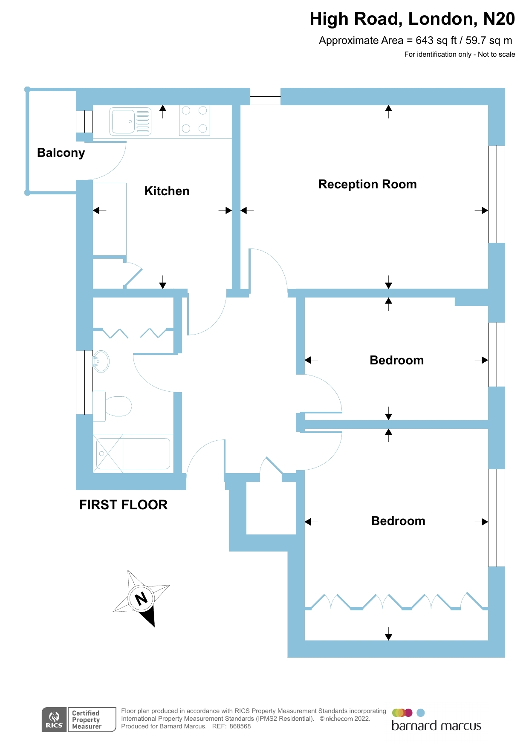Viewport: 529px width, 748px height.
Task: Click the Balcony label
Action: pyautogui.click(x=61, y=153)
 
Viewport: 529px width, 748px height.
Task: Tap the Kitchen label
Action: pyautogui.click(x=167, y=191)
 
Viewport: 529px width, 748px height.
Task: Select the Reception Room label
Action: pyautogui.click(x=367, y=184)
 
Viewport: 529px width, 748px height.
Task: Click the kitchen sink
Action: pyautogui.click(x=130, y=121)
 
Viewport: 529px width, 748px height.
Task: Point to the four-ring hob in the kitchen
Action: pyautogui.click(x=194, y=120)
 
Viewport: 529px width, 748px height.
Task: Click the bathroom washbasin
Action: pyautogui.click(x=101, y=361)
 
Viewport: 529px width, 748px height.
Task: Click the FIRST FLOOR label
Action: pyautogui.click(x=123, y=505)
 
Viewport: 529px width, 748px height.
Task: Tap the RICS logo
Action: pyautogui.click(x=54, y=719)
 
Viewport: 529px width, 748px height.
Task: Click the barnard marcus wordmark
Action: pyautogui.click(x=436, y=726)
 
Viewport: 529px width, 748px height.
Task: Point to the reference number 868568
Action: pyautogui.click(x=240, y=726)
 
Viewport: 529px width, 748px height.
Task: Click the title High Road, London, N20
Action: pyautogui.click(x=412, y=19)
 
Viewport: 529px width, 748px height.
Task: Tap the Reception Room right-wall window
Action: pyautogui.click(x=496, y=194)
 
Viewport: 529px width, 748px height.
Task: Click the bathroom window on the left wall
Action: pyautogui.click(x=84, y=382)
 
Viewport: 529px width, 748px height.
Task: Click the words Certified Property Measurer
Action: pyautogui.click(x=87, y=719)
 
